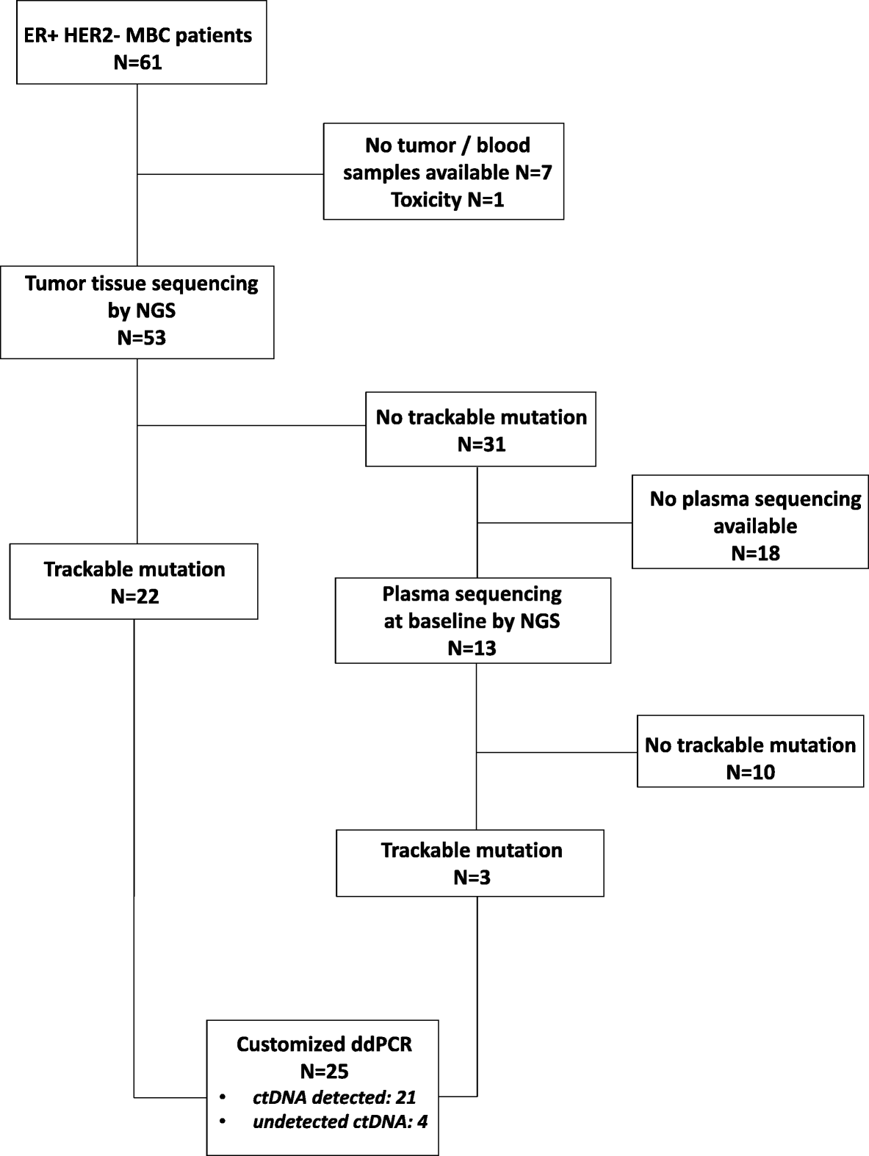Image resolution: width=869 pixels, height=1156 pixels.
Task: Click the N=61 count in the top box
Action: click(x=138, y=62)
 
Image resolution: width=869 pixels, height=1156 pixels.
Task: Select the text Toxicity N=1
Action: click(x=447, y=200)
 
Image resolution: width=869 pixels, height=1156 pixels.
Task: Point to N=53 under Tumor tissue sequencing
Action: click(x=142, y=338)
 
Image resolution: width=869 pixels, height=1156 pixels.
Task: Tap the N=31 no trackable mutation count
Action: click(x=481, y=445)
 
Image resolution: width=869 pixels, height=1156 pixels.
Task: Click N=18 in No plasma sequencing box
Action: click(x=755, y=554)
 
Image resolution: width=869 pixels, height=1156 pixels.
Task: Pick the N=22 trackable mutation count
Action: click(x=134, y=596)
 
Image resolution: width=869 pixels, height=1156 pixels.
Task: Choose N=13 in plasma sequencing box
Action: click(x=472, y=649)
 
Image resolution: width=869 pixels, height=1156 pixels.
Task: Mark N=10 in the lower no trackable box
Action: click(x=751, y=773)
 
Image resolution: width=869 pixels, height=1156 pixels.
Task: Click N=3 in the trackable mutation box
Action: click(x=471, y=878)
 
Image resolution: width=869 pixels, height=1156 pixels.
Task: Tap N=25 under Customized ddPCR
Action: click(x=324, y=1072)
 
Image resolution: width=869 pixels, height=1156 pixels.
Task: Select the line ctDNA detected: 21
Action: click(x=334, y=1098)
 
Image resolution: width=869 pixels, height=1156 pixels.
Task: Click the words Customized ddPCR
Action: click(x=324, y=1044)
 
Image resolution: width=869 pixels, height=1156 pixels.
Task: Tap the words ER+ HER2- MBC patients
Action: click(x=138, y=35)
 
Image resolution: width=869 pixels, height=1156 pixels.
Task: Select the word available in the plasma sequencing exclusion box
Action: click(x=755, y=527)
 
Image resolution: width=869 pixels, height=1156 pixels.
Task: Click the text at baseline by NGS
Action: click(x=472, y=621)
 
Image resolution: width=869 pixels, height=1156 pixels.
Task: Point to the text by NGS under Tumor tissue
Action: click(x=142, y=311)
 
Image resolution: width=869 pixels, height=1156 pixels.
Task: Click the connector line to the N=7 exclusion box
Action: click(x=231, y=175)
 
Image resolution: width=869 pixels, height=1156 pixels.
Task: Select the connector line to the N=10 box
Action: click(x=557, y=752)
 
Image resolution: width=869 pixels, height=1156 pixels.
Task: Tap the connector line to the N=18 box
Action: click(x=555, y=523)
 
